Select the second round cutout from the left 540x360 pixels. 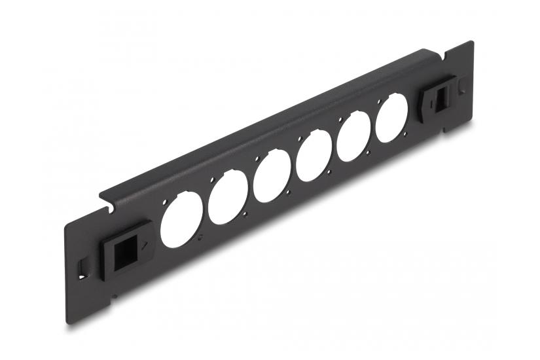click(227, 198)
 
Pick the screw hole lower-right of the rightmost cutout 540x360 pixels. click(406, 134)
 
